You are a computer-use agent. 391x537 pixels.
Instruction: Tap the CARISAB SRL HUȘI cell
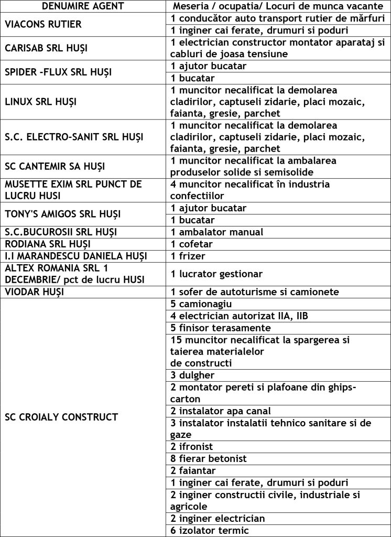coord(46,48)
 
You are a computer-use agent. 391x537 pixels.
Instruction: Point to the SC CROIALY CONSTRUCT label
coord(61,417)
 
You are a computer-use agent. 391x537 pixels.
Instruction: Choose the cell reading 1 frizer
coord(188,256)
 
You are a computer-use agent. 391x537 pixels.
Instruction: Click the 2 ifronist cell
coord(192,447)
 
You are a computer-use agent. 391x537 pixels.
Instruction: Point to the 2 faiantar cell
coord(193,471)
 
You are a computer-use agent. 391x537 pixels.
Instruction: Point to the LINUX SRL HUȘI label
coord(40,102)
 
